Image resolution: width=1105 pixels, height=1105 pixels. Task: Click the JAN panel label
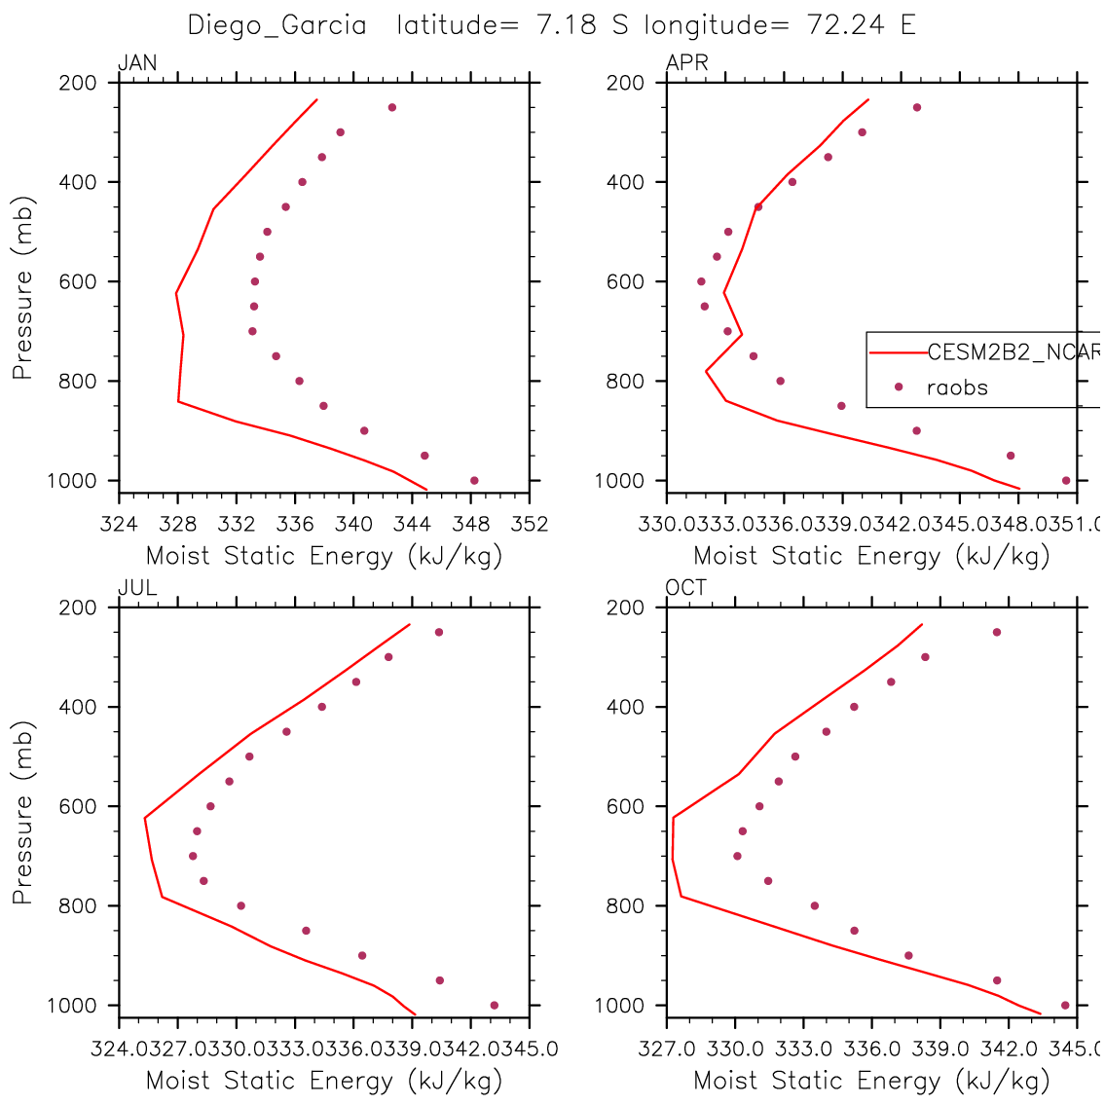pyautogui.click(x=137, y=64)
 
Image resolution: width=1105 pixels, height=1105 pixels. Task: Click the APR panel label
pyautogui.click(x=686, y=64)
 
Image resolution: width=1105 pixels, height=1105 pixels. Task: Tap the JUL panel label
pyautogui.click(x=137, y=588)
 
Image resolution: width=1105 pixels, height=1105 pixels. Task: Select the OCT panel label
pyautogui.click(x=686, y=588)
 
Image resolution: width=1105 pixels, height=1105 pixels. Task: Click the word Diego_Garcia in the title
pyautogui.click(x=276, y=25)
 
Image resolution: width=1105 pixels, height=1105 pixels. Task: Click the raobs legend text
pyautogui.click(x=957, y=387)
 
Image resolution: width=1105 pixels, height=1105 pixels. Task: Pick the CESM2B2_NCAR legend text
pyautogui.click(x=1013, y=352)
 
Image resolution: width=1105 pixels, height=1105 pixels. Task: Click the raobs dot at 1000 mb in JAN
pyautogui.click(x=474, y=480)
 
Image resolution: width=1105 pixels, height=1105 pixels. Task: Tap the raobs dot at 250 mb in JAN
pyautogui.click(x=392, y=107)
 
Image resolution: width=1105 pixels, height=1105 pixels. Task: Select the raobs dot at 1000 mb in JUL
pyautogui.click(x=495, y=1005)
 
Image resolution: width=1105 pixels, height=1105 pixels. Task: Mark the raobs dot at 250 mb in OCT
pyautogui.click(x=997, y=632)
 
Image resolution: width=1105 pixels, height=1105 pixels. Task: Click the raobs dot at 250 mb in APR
pyautogui.click(x=917, y=107)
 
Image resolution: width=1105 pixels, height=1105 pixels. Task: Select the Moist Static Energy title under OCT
pyautogui.click(x=871, y=1080)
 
